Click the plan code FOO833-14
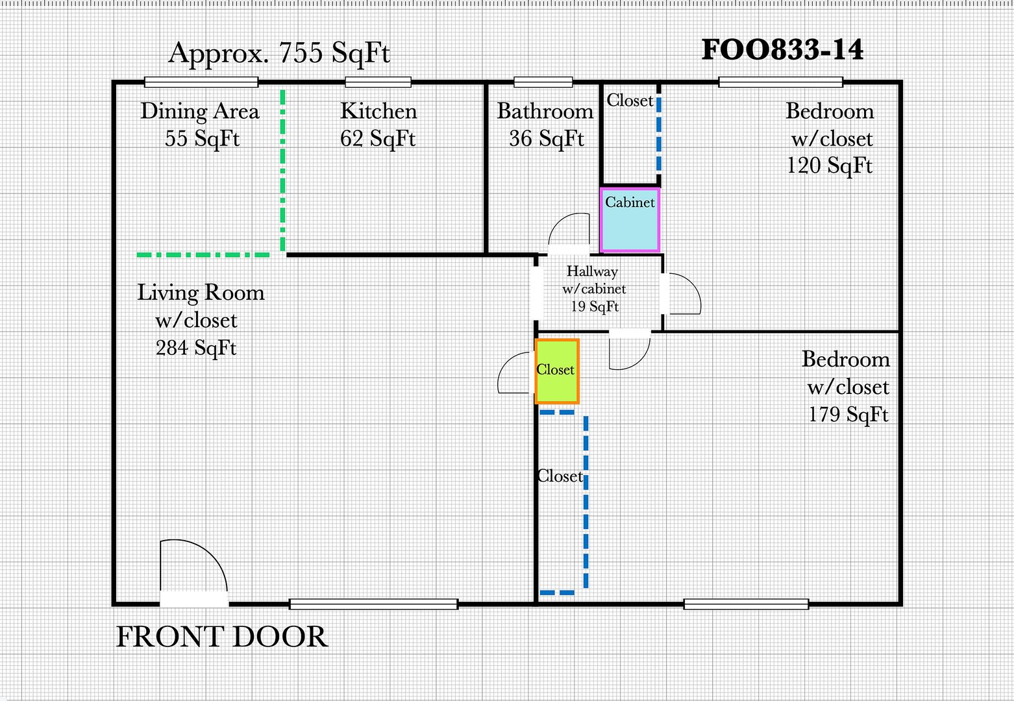tap(782, 50)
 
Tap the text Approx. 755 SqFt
tap(279, 53)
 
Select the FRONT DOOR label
tap(222, 637)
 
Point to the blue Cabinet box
tap(630, 220)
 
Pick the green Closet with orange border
tap(557, 371)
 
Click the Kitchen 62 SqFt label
tap(378, 125)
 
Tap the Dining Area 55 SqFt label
tap(200, 125)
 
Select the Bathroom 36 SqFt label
tap(545, 125)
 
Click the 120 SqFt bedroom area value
tap(830, 165)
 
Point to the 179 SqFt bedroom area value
tap(848, 414)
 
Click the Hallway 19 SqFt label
tap(593, 289)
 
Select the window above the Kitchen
tap(378, 82)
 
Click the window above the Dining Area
tap(201, 82)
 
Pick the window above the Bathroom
tap(543, 82)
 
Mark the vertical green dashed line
tap(283, 170)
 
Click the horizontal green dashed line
tap(203, 255)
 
